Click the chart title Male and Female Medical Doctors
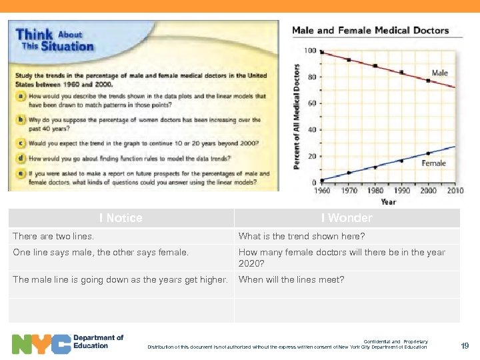click(x=371, y=30)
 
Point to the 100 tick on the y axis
click(x=310, y=51)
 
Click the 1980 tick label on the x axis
click(x=375, y=191)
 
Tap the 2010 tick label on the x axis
click(x=455, y=191)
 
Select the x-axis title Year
click(x=388, y=201)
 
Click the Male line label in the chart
click(x=440, y=73)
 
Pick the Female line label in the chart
click(x=433, y=163)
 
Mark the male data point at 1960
click(x=322, y=52)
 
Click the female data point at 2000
click(x=428, y=154)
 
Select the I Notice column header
click(x=121, y=218)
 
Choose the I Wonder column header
click(x=347, y=218)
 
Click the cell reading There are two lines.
click(x=53, y=237)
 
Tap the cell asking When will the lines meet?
click(x=291, y=280)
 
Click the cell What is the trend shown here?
click(x=302, y=237)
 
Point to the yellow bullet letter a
click(x=22, y=97)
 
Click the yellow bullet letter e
click(x=22, y=174)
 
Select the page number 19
click(x=465, y=345)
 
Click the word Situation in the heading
click(x=67, y=47)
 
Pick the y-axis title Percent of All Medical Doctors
click(x=297, y=117)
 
